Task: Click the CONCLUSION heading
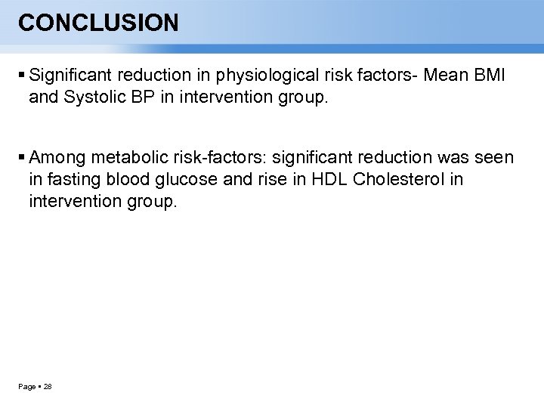click(x=98, y=23)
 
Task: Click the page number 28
click(x=48, y=387)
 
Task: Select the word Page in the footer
click(x=26, y=387)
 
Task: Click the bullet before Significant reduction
click(x=21, y=76)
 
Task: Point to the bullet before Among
click(x=21, y=158)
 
